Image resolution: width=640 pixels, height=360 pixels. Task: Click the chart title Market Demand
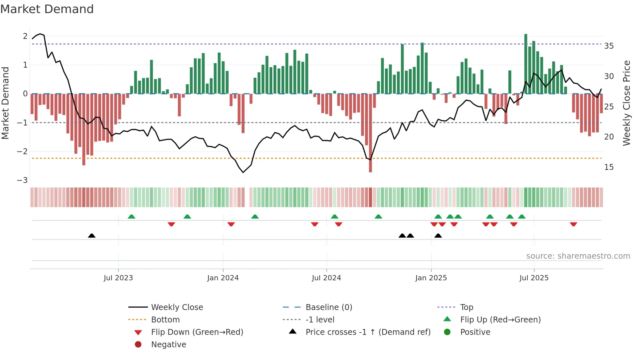tap(47, 9)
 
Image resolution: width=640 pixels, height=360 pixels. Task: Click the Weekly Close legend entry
tap(177, 307)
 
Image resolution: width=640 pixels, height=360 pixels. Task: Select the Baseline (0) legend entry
tap(328, 307)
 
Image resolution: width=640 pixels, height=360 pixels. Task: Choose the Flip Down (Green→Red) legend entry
tap(197, 332)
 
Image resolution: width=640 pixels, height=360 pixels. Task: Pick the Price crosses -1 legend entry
tap(368, 332)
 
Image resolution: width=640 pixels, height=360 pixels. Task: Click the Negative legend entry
tap(168, 345)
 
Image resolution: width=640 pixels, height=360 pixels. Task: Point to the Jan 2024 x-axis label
tap(223, 278)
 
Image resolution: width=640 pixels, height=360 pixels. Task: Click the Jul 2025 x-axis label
tap(534, 278)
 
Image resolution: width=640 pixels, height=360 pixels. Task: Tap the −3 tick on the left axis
tap(23, 180)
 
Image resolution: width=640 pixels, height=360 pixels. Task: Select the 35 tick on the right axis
tap(609, 46)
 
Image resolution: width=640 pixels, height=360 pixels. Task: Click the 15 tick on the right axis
tap(609, 167)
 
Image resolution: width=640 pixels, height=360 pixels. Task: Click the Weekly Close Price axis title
tap(626, 103)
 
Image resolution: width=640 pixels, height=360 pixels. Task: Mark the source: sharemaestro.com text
tap(578, 256)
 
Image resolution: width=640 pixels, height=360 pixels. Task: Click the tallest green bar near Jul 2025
tap(526, 64)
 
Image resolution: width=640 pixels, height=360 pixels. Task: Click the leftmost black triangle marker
tap(92, 236)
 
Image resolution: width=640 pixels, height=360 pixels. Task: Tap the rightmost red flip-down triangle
tap(573, 224)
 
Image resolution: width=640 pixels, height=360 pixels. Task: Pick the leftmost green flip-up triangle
tap(131, 217)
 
